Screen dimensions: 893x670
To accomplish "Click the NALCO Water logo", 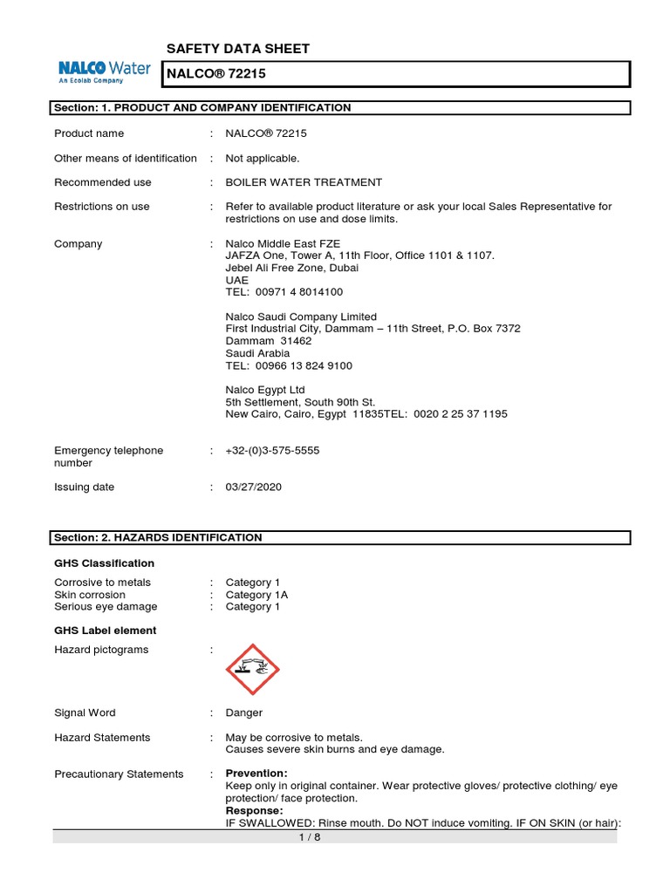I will pos(104,71).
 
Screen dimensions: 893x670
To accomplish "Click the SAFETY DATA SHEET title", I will pos(237,49).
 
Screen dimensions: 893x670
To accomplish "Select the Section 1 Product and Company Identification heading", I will pos(202,108).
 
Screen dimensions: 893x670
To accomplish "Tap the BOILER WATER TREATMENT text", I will pos(303,182).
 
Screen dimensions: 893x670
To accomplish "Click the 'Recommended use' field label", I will pos(102,182).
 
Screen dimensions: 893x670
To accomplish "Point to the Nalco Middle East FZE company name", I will pos(283,243).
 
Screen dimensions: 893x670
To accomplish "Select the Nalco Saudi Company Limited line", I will pos(301,317).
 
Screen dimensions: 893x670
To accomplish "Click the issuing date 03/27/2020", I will pos(253,487).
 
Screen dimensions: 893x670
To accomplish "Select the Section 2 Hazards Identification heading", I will pos(158,538).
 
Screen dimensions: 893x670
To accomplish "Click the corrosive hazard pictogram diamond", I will pos(252,670).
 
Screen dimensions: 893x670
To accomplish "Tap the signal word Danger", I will pos(243,712).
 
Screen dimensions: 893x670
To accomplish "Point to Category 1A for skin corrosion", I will pos(256,595).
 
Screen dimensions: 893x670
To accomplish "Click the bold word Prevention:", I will pos(256,774).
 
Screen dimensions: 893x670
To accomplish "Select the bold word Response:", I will pos(254,810).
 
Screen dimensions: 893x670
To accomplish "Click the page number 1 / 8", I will pos(335,837).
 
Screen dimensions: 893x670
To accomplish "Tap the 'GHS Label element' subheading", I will pos(105,631).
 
